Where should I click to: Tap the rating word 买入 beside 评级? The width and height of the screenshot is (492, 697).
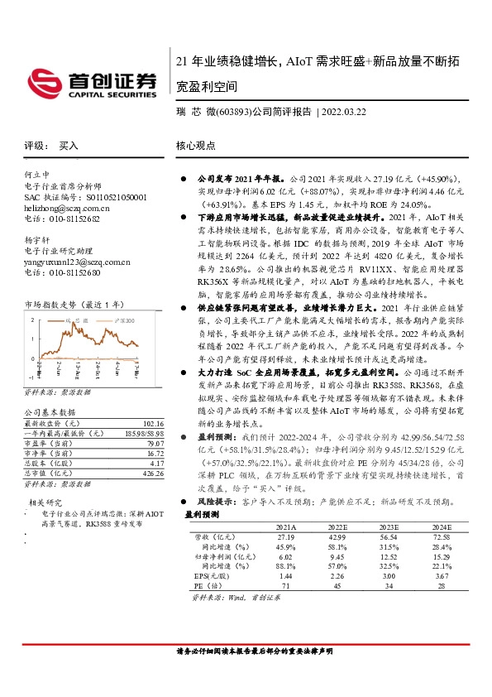click(x=69, y=145)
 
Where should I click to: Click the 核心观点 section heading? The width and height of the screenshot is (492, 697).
click(x=196, y=145)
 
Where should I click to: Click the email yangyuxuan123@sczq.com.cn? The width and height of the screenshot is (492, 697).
click(x=77, y=262)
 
